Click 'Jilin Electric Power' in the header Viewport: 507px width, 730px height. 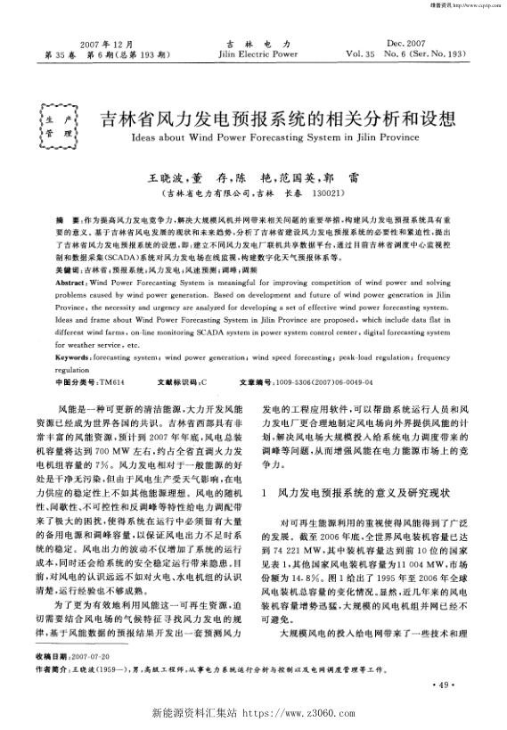point(256,53)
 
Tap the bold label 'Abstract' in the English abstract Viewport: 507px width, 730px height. point(70,254)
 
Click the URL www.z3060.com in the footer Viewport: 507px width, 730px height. point(300,714)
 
